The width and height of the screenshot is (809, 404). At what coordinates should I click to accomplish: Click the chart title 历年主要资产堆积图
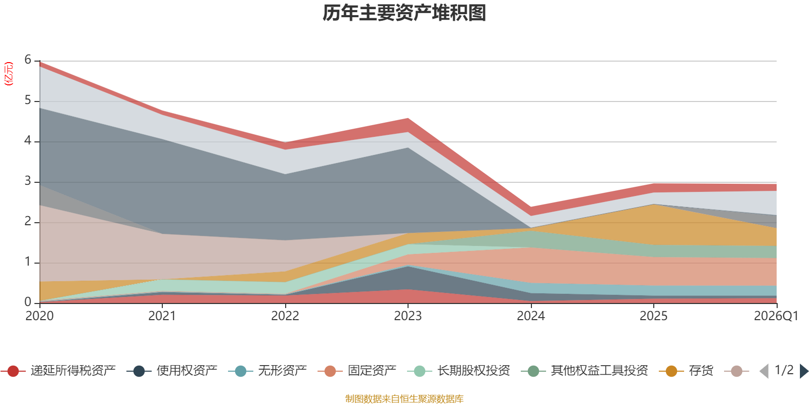pyautogui.click(x=404, y=13)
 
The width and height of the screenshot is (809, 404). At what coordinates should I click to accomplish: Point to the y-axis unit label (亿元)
pyautogui.click(x=8, y=74)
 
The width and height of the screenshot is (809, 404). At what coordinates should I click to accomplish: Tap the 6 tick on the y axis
pyautogui.click(x=28, y=60)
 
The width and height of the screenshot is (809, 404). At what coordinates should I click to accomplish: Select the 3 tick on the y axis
pyautogui.click(x=28, y=181)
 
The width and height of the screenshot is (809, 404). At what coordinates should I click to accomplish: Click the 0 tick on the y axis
pyautogui.click(x=28, y=302)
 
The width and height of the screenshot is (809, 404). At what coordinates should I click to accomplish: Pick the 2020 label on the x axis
pyautogui.click(x=39, y=316)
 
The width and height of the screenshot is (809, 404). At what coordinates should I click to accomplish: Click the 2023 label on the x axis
pyautogui.click(x=408, y=316)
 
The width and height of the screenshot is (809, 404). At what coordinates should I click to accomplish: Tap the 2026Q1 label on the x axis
pyautogui.click(x=776, y=316)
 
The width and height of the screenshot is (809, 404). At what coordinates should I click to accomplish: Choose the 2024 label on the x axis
pyautogui.click(x=530, y=316)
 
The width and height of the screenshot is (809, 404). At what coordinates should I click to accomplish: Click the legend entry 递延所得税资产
pyautogui.click(x=58, y=371)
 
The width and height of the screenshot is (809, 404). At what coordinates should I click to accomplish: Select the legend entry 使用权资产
pyautogui.click(x=172, y=371)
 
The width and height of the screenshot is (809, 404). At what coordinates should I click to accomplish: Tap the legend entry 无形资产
pyautogui.click(x=267, y=371)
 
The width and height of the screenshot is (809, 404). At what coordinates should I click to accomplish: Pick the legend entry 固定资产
pyautogui.click(x=357, y=371)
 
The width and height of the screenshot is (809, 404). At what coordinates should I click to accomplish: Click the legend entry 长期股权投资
pyautogui.click(x=459, y=371)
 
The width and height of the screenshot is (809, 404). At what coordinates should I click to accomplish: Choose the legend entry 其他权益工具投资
pyautogui.click(x=585, y=371)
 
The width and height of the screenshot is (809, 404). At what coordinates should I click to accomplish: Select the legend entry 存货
pyautogui.click(x=686, y=371)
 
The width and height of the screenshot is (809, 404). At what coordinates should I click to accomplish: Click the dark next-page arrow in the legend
pyautogui.click(x=804, y=371)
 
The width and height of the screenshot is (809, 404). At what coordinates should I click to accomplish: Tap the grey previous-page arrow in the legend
pyautogui.click(x=764, y=371)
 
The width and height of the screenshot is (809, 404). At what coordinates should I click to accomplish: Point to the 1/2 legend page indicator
pyautogui.click(x=784, y=370)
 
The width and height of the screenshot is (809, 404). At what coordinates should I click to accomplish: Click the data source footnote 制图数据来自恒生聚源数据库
pyautogui.click(x=404, y=398)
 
